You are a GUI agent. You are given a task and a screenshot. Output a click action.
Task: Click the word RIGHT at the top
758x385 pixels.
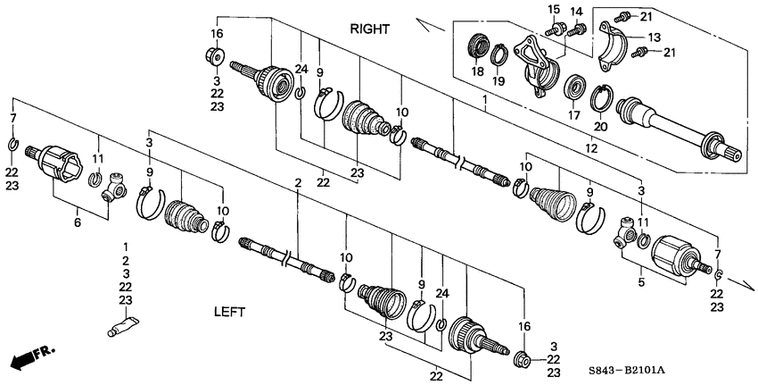coord(369,29)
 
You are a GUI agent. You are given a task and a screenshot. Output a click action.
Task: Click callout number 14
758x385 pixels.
coord(575,11)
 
